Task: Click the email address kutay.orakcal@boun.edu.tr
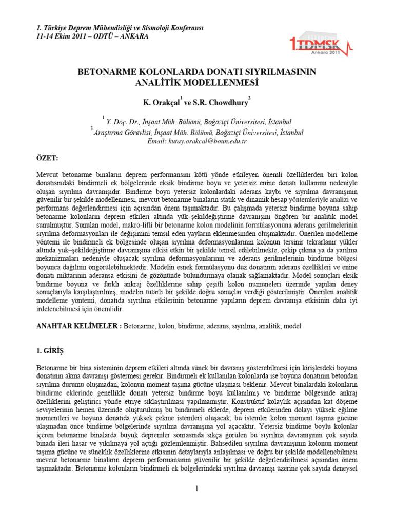tap(197, 141)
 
